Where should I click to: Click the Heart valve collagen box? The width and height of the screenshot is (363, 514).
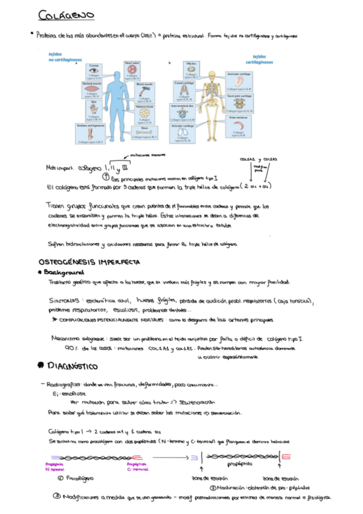pos(133,70)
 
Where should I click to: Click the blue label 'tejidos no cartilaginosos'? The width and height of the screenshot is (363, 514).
pos(62,57)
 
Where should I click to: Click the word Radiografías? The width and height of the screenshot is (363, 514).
pos(64,384)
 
